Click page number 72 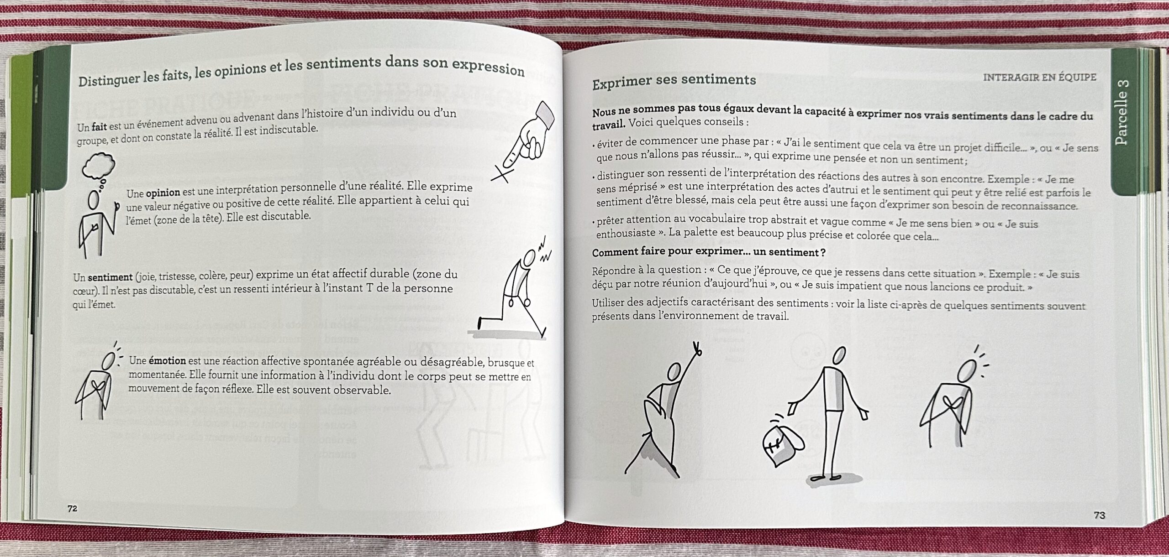point(72,508)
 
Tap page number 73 point(1099,515)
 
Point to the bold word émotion point(168,360)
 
